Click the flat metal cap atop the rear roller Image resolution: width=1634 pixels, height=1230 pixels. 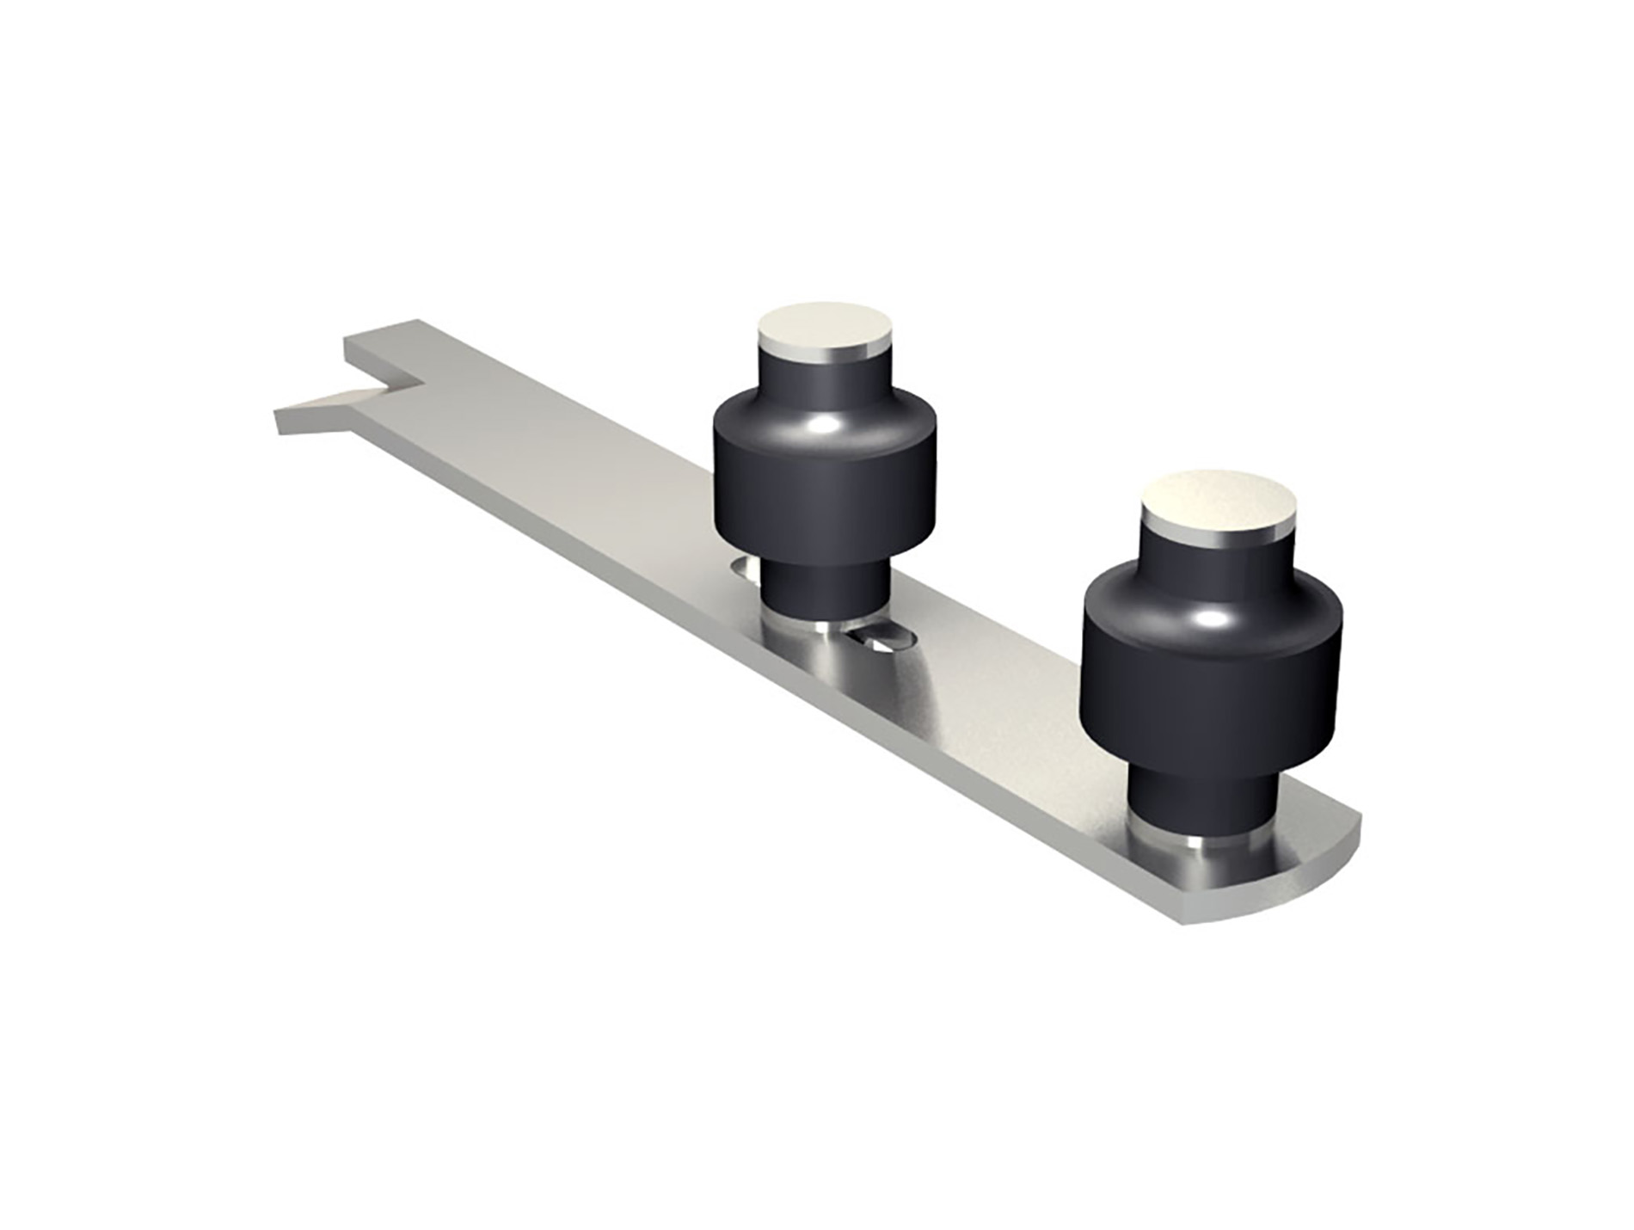tap(824, 329)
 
